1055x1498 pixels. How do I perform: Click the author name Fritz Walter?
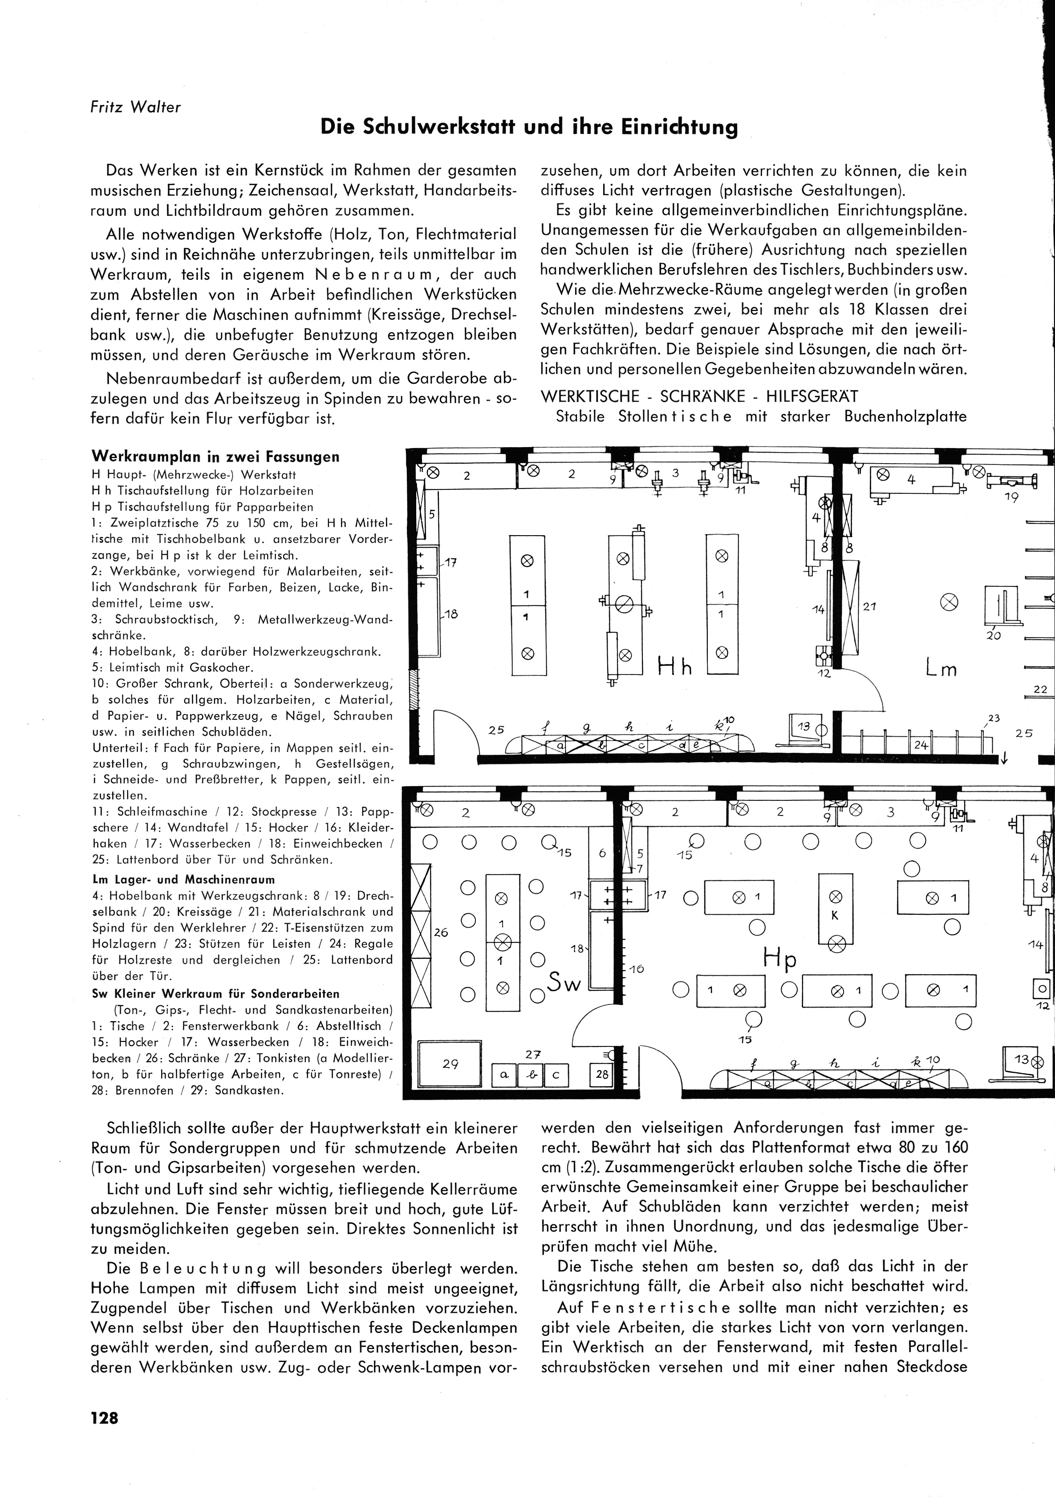point(135,107)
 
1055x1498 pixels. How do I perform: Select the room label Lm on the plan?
point(941,669)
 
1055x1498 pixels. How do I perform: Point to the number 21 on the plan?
point(869,606)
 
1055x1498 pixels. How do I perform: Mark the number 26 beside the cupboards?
point(441,933)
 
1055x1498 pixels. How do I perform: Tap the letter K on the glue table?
point(834,915)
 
